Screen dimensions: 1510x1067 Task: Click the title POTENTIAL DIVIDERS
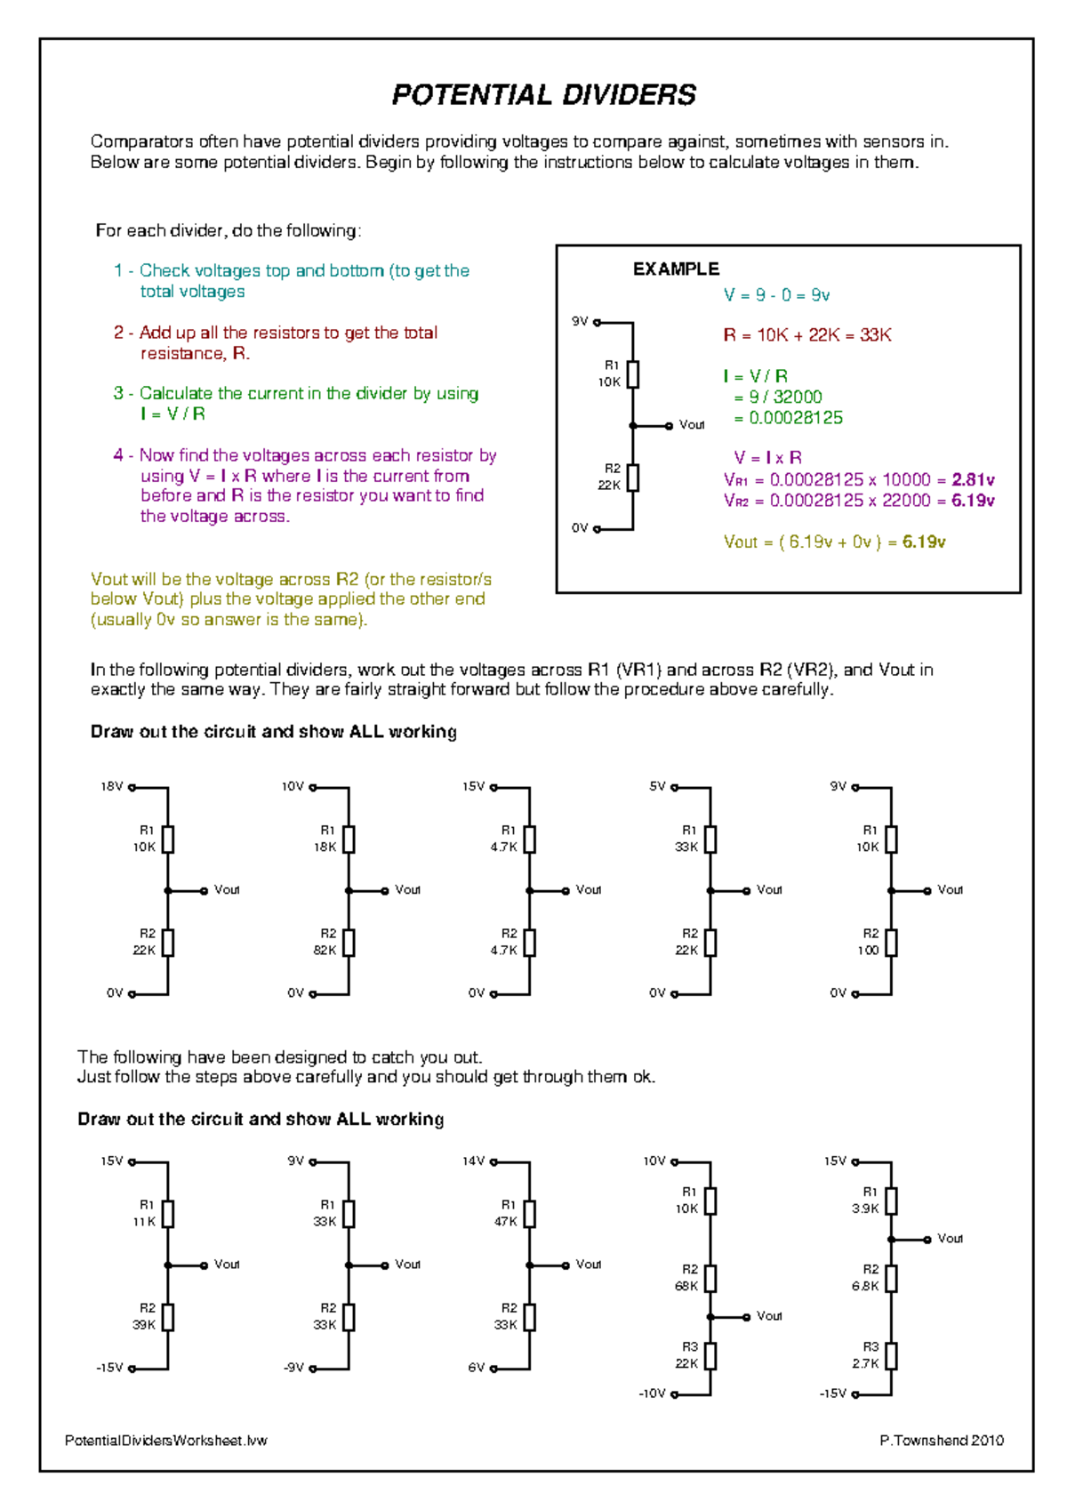[x=543, y=95]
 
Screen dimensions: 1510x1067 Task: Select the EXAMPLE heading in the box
[x=676, y=269]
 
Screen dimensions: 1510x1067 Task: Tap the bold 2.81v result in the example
[x=973, y=480]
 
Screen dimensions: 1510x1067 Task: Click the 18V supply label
[x=111, y=787]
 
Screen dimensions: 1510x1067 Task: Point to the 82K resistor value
[x=325, y=950]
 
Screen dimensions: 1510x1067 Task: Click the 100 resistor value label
[x=868, y=950]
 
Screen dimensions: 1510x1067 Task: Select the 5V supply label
[x=657, y=787]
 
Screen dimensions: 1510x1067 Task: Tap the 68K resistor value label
[x=686, y=1286]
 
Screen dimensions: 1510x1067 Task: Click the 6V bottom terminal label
[x=477, y=1368]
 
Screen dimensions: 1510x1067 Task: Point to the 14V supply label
[x=473, y=1161]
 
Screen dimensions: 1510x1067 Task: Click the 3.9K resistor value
[x=864, y=1209]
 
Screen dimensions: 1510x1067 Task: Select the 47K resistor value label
[x=505, y=1221]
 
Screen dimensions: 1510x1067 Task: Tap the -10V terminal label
[x=652, y=1394]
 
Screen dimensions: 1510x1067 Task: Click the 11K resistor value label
[x=144, y=1221]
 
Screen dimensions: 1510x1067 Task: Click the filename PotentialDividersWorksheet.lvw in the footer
[x=165, y=1441]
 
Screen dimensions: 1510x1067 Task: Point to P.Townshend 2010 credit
[x=942, y=1441]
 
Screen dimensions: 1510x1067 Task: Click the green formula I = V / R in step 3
[x=172, y=414]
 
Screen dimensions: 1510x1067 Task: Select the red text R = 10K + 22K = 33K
[x=806, y=335]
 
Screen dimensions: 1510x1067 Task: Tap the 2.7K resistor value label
[x=864, y=1363]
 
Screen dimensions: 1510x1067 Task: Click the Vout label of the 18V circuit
[x=227, y=889]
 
